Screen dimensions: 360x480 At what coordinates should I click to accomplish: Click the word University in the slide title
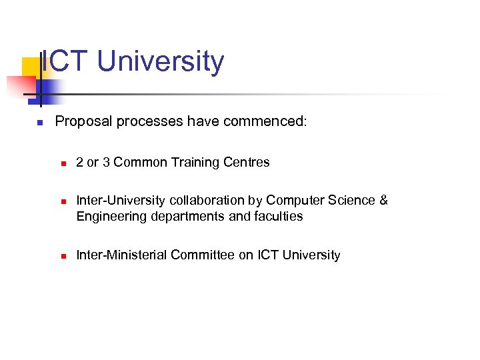pos(161,61)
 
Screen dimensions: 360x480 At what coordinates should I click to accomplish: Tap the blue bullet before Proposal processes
pos(39,123)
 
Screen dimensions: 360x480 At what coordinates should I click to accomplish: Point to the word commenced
pos(265,121)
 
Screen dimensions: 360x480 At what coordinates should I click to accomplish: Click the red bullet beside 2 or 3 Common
pos(61,163)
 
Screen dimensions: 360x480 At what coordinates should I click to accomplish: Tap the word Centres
pos(248,162)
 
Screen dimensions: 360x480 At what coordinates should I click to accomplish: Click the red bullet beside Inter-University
pos(61,201)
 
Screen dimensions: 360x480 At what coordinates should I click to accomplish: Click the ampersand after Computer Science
pos(383,200)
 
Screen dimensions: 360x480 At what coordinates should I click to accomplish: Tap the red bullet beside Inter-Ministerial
pos(61,255)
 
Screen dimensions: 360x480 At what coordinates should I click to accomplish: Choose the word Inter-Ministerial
pos(122,255)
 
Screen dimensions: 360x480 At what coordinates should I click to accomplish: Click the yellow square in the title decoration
pos(31,67)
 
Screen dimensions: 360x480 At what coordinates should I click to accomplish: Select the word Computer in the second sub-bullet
pos(291,200)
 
